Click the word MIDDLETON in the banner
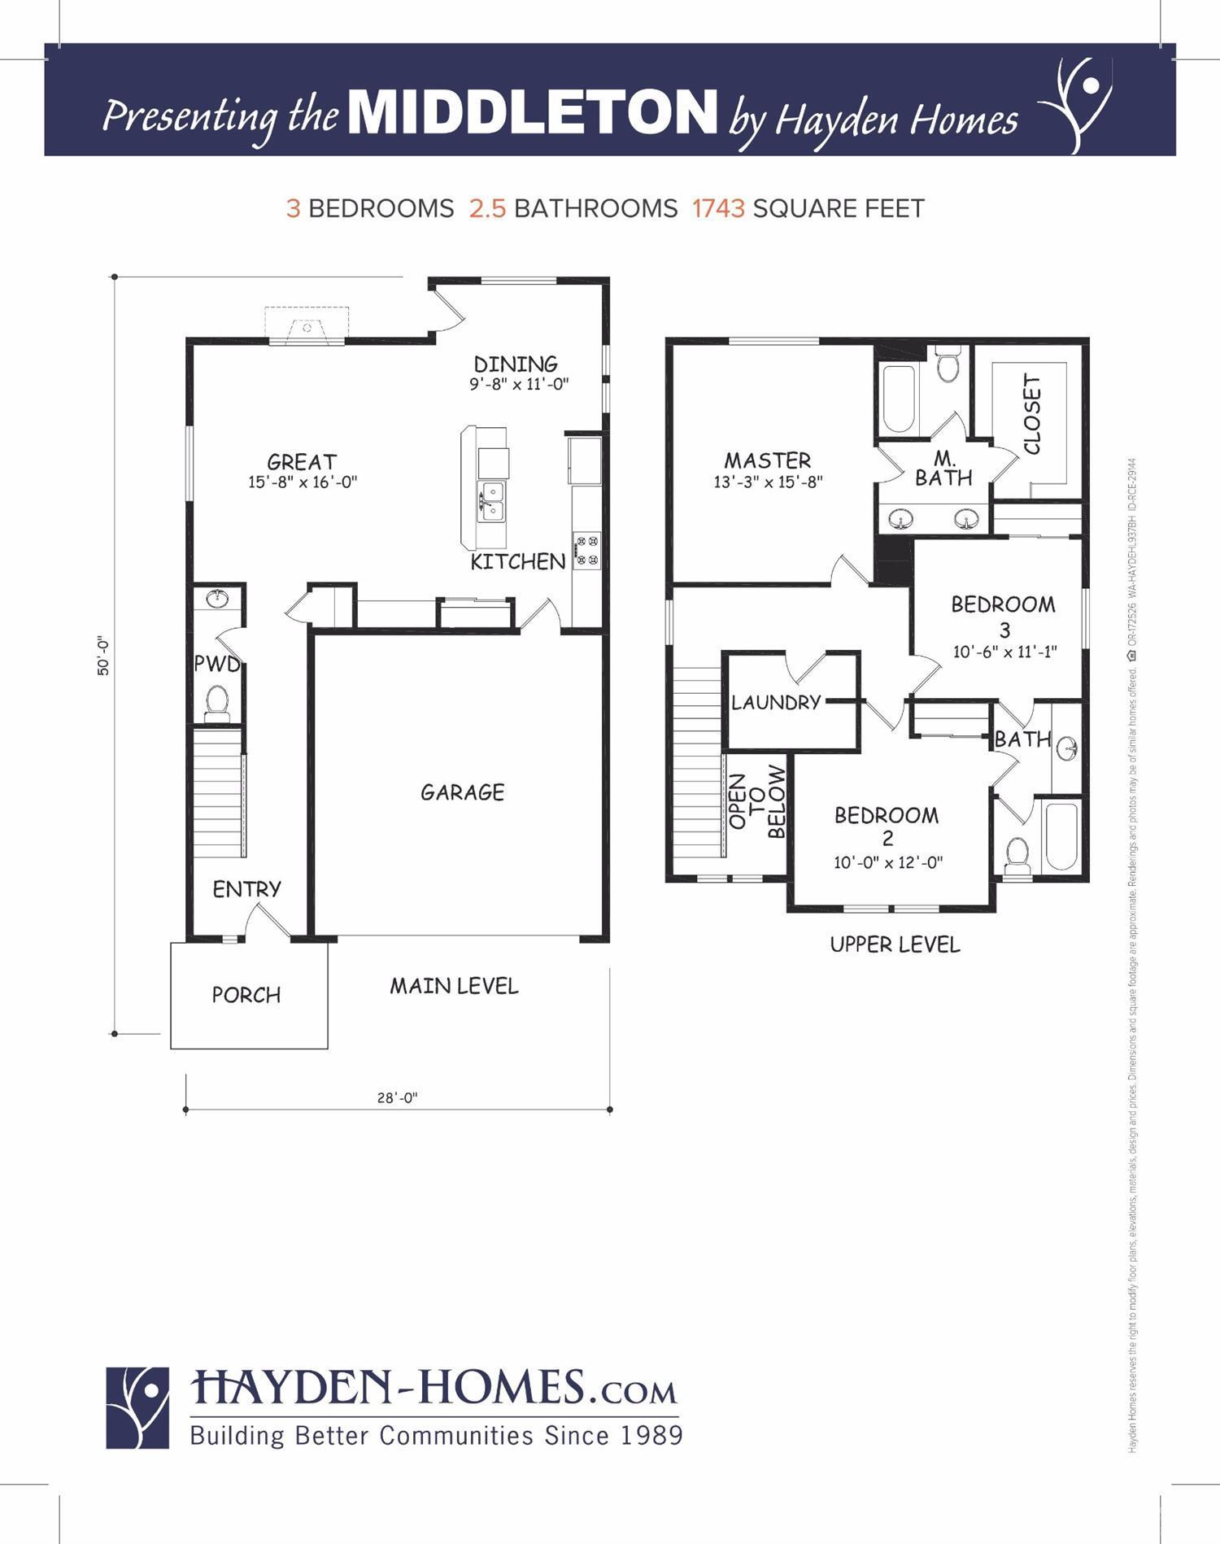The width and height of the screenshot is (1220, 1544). click(533, 112)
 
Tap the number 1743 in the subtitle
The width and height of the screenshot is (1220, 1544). click(718, 209)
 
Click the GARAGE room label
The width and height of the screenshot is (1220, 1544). click(462, 792)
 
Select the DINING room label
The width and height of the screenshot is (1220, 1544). click(516, 364)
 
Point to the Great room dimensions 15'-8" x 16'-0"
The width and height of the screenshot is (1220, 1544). click(303, 482)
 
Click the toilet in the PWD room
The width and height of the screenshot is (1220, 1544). click(217, 702)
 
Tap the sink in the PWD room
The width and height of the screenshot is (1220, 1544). click(217, 600)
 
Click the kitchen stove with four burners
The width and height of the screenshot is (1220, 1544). click(586, 549)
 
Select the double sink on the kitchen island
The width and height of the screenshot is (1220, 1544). click(492, 500)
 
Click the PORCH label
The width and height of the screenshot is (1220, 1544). click(246, 995)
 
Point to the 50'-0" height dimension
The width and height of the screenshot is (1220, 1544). click(103, 656)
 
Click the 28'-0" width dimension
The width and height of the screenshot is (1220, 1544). click(397, 1097)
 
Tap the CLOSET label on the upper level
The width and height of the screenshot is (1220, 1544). click(1032, 414)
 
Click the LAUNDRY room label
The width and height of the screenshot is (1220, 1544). click(775, 702)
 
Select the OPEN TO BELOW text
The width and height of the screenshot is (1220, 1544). click(757, 801)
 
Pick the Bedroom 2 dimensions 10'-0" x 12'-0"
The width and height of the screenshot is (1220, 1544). click(887, 862)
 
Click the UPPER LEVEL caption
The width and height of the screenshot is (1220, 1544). click(895, 944)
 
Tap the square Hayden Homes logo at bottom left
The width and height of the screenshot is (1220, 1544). click(137, 1408)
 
